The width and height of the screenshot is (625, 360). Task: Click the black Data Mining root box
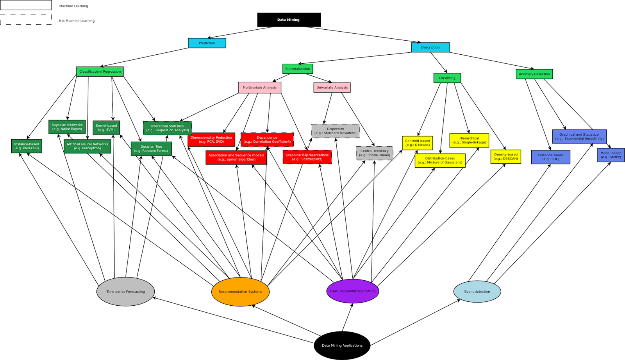[289, 20]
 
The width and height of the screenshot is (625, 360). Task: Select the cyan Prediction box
[207, 43]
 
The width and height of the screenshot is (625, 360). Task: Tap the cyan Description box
[430, 47]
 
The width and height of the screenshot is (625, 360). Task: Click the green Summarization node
[298, 69]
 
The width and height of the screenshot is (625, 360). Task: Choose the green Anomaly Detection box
[534, 74]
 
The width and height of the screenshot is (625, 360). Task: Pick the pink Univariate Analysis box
[332, 88]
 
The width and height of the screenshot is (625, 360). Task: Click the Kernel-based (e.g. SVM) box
[106, 127]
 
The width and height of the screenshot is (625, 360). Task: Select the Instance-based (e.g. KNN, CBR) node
[27, 146]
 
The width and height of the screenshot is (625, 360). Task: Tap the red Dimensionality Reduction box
[211, 140]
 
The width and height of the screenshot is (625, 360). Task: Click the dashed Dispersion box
[336, 131]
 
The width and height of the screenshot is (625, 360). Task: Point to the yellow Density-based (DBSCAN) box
[505, 157]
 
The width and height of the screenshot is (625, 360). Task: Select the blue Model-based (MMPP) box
[611, 155]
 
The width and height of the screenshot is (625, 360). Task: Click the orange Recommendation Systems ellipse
[240, 292]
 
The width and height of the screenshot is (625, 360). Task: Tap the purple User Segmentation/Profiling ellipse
[352, 291]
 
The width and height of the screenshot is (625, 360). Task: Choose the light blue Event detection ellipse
[477, 292]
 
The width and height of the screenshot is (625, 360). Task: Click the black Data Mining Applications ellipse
[342, 346]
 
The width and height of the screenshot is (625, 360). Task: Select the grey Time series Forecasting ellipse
[125, 292]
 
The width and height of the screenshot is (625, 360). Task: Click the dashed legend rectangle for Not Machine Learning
[26, 20]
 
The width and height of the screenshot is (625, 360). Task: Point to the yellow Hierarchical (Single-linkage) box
[469, 140]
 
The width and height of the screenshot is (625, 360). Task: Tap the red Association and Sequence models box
[236, 158]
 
